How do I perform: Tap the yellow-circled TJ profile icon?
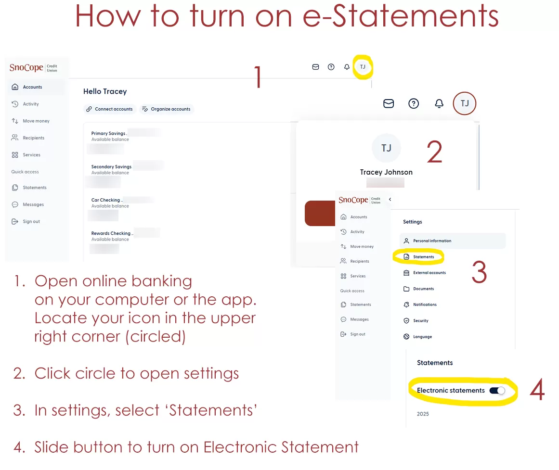click(x=363, y=67)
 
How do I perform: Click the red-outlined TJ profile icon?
click(x=464, y=103)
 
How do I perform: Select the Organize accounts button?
click(x=167, y=109)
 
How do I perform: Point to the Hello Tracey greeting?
click(x=105, y=91)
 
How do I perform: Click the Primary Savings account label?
click(x=109, y=133)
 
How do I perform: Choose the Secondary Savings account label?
click(x=111, y=166)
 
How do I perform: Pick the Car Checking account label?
click(x=106, y=200)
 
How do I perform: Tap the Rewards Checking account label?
click(x=112, y=233)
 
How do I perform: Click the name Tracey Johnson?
click(x=386, y=172)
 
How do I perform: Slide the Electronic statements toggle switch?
click(x=497, y=391)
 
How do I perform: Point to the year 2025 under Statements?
click(x=423, y=414)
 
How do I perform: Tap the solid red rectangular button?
click(x=320, y=213)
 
